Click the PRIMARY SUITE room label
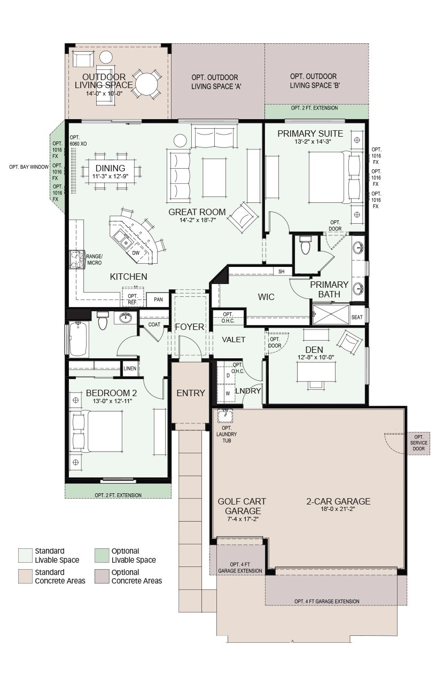(x=310, y=133)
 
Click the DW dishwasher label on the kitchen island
(x=136, y=253)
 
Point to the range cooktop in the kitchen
(x=77, y=259)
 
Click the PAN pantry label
(x=158, y=299)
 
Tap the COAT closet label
(x=154, y=324)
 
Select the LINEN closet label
(x=130, y=368)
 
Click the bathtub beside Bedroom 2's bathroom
(x=78, y=339)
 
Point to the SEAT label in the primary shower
(x=357, y=317)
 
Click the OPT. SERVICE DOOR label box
(x=419, y=443)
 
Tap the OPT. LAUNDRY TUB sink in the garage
(x=225, y=415)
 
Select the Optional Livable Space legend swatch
(x=102, y=556)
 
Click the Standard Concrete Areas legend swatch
(x=25, y=577)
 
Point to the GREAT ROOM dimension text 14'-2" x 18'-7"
(x=198, y=220)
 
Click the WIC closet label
(x=266, y=297)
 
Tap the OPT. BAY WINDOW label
(x=29, y=167)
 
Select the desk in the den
(x=316, y=372)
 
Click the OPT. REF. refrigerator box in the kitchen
(x=133, y=296)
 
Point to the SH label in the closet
(x=281, y=272)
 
